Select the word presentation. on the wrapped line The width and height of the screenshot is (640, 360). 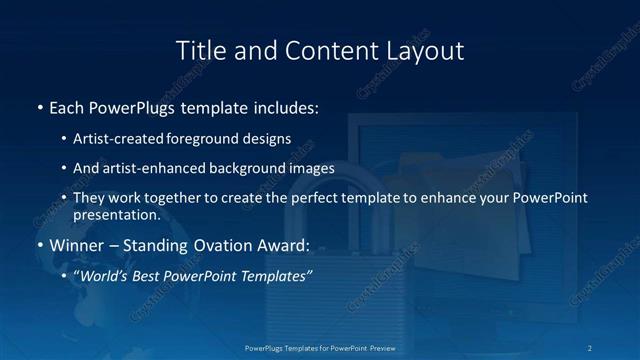116,214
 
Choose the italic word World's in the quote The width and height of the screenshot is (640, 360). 103,275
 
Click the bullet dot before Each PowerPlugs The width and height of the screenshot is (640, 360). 39,106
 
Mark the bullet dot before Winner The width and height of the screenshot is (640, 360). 39,244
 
